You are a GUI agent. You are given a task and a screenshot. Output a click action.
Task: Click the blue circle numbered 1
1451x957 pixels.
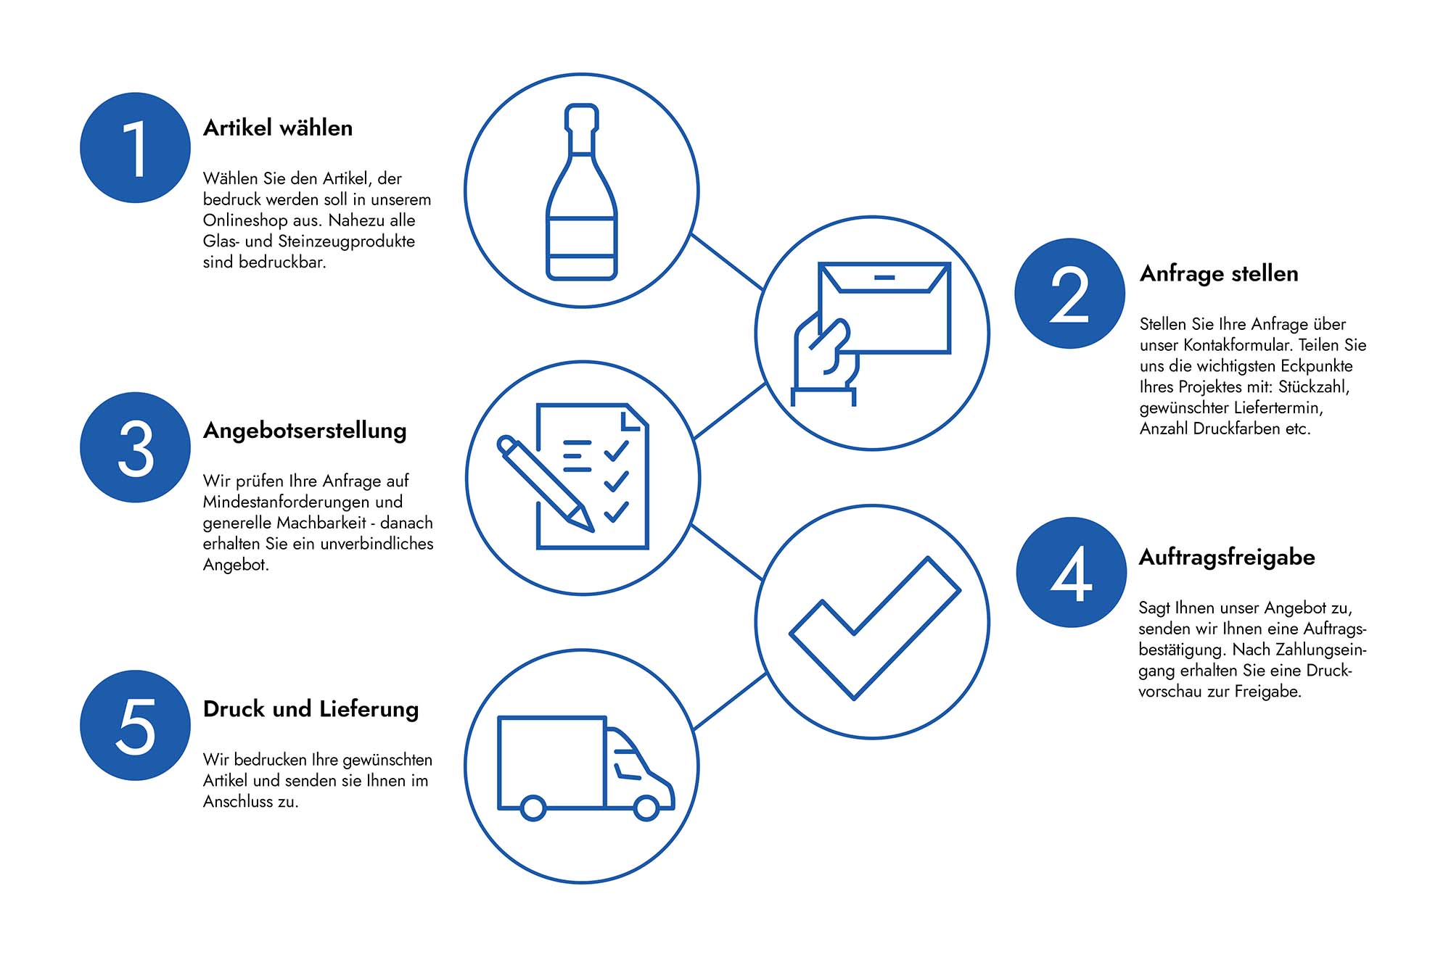click(135, 148)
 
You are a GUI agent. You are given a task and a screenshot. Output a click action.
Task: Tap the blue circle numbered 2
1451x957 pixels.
click(1069, 294)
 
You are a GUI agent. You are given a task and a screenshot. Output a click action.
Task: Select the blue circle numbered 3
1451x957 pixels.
click(135, 447)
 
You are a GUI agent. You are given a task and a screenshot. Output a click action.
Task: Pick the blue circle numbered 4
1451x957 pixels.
click(1071, 573)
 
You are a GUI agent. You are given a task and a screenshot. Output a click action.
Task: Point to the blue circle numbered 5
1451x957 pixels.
click(135, 725)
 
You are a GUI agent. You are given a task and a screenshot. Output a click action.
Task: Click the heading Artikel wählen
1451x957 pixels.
click(278, 128)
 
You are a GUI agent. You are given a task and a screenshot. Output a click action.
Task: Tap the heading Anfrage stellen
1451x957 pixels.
click(1219, 274)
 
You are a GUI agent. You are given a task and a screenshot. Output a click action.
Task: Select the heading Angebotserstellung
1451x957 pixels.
click(305, 431)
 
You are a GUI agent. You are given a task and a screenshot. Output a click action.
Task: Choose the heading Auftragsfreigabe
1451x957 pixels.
click(1227, 558)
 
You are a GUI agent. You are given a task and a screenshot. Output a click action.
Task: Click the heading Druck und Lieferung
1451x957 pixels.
click(311, 709)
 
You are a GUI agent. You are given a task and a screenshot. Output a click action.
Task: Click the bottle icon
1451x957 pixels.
click(582, 192)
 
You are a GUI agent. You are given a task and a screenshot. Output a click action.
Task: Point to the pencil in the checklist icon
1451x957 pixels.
click(544, 482)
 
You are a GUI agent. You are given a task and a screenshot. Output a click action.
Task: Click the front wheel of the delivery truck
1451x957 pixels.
click(646, 808)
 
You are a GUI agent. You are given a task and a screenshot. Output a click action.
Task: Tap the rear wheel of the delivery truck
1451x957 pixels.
click(533, 808)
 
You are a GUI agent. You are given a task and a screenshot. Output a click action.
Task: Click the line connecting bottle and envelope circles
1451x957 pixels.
click(727, 262)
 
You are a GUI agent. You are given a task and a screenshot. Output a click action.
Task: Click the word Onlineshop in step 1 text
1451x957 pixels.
click(245, 220)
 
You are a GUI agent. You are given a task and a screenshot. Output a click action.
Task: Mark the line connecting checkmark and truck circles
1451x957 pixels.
click(730, 701)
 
